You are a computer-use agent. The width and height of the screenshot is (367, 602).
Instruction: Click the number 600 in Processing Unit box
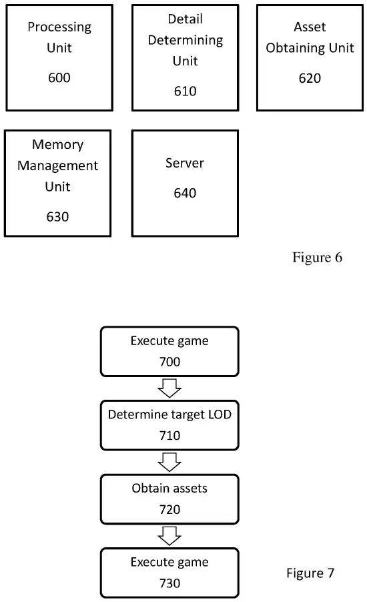click(59, 78)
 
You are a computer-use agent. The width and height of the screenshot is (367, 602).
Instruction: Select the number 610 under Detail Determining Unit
click(185, 91)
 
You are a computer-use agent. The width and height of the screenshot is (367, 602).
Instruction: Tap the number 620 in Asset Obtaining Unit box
click(310, 78)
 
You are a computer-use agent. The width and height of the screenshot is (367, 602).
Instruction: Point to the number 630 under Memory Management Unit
click(57, 216)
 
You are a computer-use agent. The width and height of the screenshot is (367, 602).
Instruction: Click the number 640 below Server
click(185, 193)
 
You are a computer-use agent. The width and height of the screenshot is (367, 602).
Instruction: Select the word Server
click(185, 164)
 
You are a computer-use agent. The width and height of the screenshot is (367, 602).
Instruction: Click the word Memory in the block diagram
click(57, 145)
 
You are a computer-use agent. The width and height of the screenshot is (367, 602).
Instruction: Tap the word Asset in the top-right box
click(310, 27)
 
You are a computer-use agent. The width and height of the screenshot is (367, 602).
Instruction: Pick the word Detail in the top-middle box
click(185, 19)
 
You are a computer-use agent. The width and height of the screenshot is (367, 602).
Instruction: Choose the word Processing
click(59, 27)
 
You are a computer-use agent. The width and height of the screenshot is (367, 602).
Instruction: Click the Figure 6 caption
click(317, 258)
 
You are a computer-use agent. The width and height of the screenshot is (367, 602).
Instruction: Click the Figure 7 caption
click(310, 573)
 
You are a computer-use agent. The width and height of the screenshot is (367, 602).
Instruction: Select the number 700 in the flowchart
click(169, 362)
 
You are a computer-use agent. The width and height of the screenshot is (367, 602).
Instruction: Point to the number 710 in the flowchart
click(169, 435)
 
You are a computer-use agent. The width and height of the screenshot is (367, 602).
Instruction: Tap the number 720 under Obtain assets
click(169, 509)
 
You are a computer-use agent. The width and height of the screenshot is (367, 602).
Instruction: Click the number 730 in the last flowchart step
click(169, 583)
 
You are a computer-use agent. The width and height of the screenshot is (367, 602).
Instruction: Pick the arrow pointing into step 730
click(169, 535)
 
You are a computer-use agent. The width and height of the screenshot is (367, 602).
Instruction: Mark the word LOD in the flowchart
click(217, 414)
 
